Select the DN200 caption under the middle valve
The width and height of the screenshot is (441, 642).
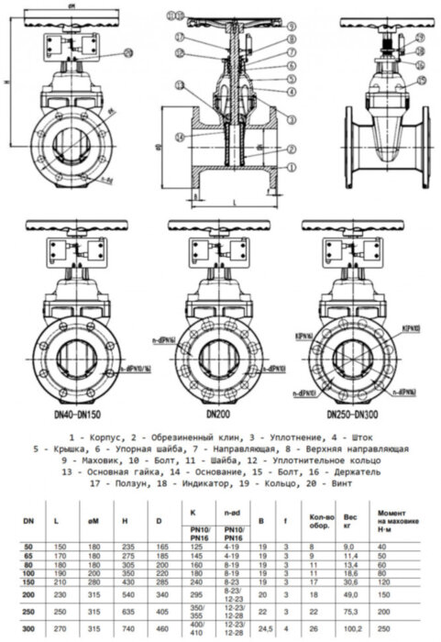click(x=217, y=414)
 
